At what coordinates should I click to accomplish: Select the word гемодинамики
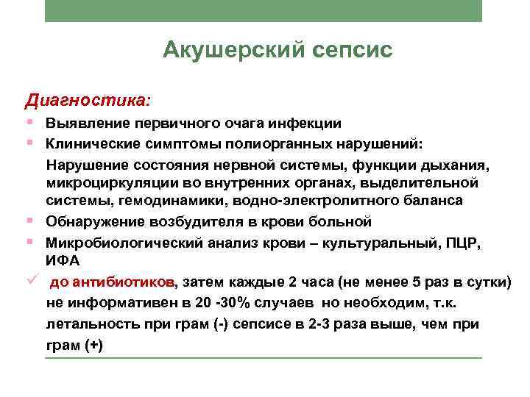(x=166, y=200)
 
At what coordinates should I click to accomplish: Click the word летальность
(x=87, y=324)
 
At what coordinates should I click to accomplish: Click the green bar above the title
(x=264, y=10)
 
